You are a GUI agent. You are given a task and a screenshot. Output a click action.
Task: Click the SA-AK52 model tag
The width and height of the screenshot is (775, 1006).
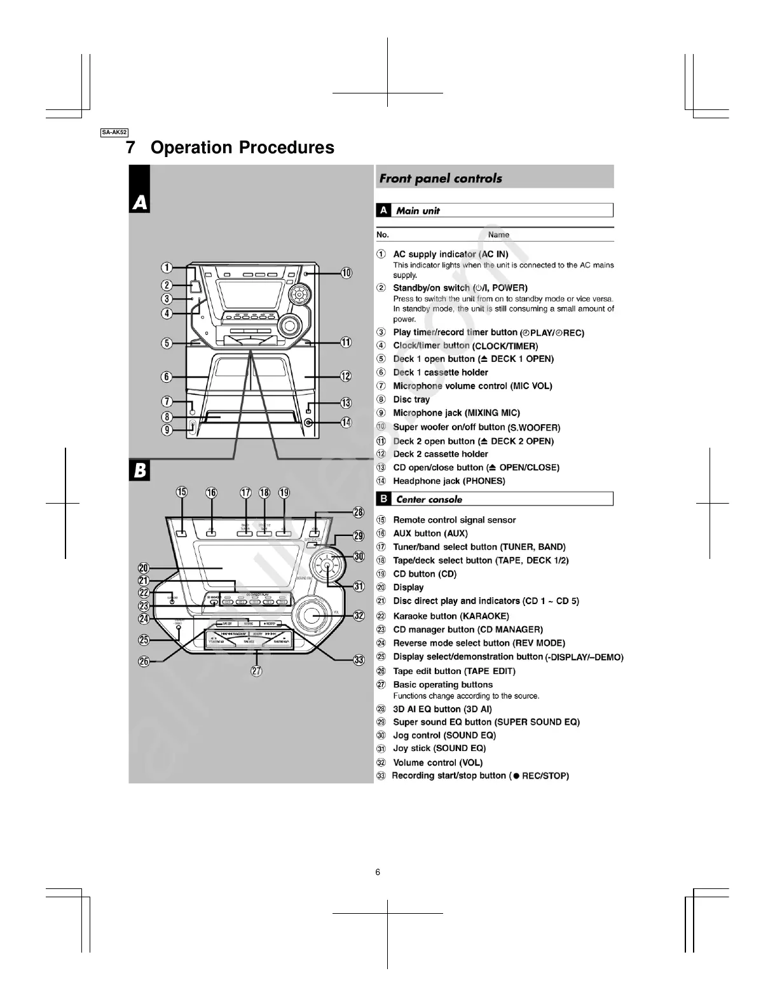click(x=114, y=132)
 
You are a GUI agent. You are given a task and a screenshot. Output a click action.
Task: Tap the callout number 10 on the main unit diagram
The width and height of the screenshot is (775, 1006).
click(x=346, y=273)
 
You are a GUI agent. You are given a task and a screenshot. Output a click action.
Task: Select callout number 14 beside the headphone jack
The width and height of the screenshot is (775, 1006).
click(x=346, y=422)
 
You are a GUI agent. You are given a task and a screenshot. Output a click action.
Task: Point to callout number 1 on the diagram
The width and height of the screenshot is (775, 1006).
click(x=167, y=268)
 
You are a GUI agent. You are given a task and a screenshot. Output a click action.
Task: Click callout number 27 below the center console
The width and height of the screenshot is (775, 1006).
click(x=256, y=671)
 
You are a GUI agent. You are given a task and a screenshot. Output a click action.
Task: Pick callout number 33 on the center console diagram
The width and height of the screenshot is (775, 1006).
click(x=359, y=660)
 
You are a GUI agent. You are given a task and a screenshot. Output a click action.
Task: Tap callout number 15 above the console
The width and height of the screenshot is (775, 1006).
click(x=182, y=492)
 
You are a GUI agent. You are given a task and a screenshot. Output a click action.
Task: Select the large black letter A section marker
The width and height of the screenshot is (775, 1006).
click(x=140, y=203)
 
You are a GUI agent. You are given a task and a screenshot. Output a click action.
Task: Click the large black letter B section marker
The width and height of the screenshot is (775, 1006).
click(x=140, y=471)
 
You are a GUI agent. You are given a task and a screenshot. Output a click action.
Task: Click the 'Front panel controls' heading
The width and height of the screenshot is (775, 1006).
click(x=441, y=179)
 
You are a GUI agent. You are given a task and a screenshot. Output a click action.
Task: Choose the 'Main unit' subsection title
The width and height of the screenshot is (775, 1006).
click(x=418, y=211)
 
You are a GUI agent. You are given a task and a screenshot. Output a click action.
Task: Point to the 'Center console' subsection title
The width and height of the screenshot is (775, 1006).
click(x=429, y=500)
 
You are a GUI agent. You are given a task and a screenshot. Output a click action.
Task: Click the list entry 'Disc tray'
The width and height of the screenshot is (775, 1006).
click(x=411, y=399)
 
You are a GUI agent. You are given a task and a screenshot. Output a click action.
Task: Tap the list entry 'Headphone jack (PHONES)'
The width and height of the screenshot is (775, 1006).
click(x=449, y=481)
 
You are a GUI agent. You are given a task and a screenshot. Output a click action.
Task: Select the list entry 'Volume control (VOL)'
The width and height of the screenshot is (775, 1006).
click(x=437, y=762)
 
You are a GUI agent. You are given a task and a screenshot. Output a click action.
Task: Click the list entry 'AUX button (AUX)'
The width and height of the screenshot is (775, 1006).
click(x=430, y=534)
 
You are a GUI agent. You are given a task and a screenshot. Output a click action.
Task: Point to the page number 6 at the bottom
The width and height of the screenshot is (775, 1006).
click(x=378, y=872)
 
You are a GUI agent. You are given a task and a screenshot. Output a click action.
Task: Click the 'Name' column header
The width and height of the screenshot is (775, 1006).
click(x=498, y=235)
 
